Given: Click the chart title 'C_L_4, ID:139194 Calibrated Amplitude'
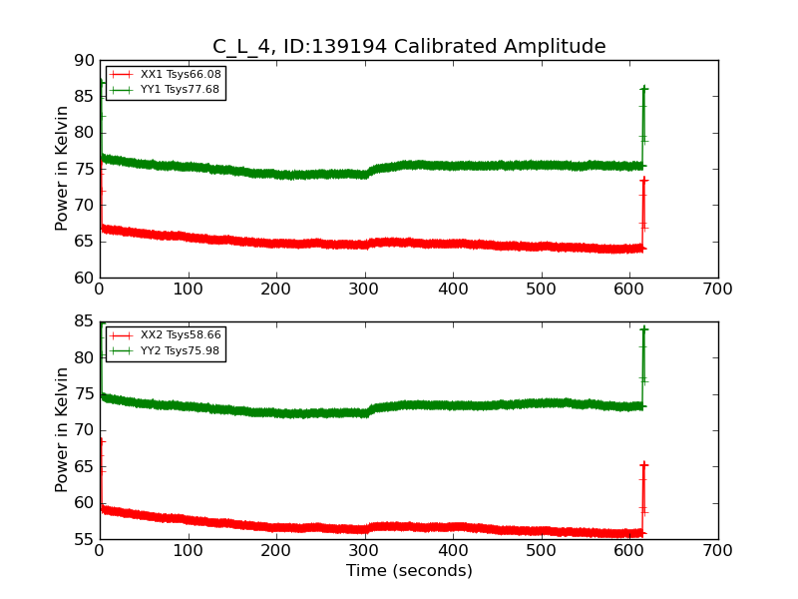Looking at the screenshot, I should (409, 47).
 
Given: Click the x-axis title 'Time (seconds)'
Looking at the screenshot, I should (409, 571).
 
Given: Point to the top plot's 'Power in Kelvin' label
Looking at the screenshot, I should (63, 169).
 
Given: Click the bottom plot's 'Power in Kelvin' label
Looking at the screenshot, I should (63, 430).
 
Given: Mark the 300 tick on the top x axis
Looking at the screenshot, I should (364, 290).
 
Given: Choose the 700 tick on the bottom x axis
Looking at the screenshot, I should (718, 551).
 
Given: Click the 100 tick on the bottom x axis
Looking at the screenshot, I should (188, 551).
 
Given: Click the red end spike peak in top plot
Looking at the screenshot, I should (643, 180).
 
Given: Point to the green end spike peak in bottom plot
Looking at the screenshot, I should (643, 328).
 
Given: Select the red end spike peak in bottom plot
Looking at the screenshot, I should (643, 464).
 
